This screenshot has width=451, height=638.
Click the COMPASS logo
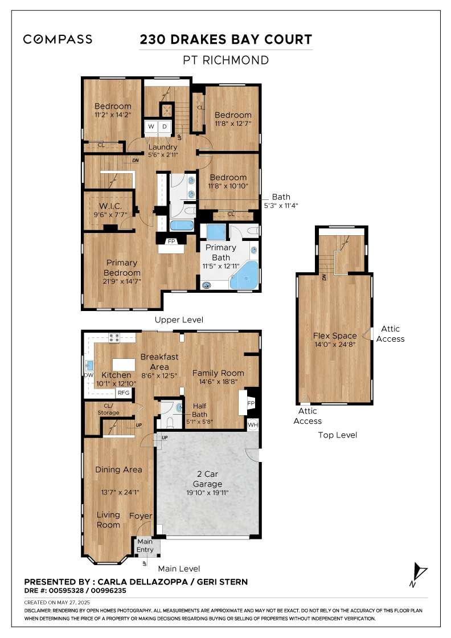[58, 39]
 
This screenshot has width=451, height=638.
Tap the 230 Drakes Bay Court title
[226, 39]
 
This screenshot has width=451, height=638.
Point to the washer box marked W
[151, 126]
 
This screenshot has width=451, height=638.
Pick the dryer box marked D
[164, 126]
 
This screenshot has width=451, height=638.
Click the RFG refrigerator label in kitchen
[124, 393]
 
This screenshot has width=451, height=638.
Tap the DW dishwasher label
[88, 375]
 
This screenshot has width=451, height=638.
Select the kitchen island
[124, 364]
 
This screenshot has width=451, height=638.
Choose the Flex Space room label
[335, 336]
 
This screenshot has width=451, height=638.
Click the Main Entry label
[145, 546]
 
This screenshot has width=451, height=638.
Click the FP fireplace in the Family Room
[249, 403]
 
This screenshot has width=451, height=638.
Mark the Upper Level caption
[179, 320]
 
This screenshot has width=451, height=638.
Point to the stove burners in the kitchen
[113, 337]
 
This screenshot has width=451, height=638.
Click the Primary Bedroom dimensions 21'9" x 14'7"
[121, 281]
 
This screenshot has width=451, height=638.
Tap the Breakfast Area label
[159, 361]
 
